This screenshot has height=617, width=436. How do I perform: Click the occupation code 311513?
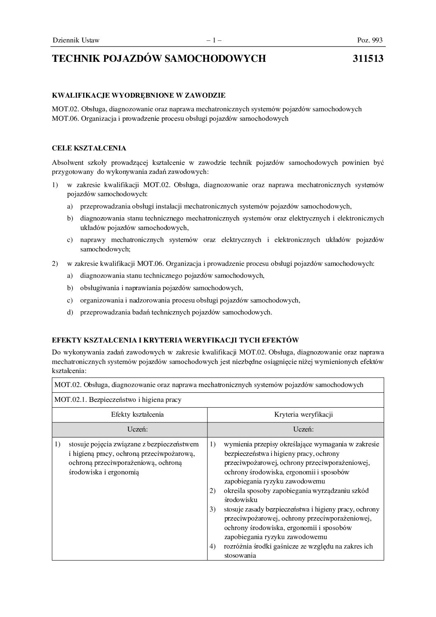[368, 59]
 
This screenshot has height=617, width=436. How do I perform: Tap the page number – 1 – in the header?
[214, 40]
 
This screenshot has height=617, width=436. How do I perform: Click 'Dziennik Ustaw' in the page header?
[76, 40]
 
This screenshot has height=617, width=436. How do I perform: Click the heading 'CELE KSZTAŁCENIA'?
[89, 148]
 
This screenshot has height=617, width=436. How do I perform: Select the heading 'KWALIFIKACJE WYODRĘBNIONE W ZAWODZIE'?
[139, 96]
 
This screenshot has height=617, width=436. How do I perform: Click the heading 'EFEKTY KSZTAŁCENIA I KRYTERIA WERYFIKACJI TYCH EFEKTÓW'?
[175, 340]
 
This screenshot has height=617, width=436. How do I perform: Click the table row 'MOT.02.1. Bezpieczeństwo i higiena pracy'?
[118, 399]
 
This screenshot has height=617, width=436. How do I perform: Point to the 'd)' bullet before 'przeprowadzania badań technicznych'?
[70, 312]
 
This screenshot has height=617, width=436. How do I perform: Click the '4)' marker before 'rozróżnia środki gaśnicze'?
[213, 547]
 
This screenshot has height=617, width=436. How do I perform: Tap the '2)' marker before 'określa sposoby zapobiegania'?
[213, 491]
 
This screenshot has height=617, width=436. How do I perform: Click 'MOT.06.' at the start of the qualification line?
[65, 119]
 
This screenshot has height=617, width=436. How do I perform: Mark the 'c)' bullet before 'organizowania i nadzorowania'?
[70, 300]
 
